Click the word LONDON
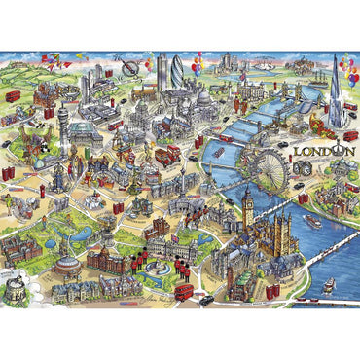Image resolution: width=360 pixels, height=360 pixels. (x=326, y=152)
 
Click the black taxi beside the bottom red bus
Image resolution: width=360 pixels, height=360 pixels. (x=206, y=299)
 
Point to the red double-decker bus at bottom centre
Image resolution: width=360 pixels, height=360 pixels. (x=182, y=291)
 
